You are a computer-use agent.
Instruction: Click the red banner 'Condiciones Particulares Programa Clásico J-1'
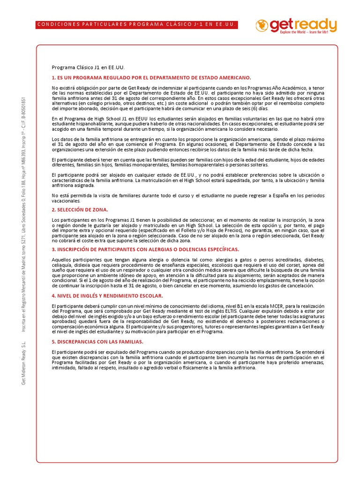tap(136, 24)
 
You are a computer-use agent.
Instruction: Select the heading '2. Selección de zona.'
tap(80, 210)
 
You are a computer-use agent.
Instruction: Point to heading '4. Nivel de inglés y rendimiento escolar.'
tap(107, 296)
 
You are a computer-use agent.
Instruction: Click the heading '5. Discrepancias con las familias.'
tap(97, 342)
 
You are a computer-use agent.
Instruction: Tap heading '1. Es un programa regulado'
tap(151, 77)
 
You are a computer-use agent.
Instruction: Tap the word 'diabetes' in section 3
tap(313, 259)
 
